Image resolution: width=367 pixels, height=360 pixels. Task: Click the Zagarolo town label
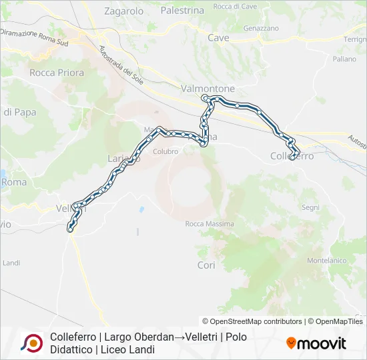click(x=124, y=11)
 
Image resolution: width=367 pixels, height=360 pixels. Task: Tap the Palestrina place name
click(x=182, y=11)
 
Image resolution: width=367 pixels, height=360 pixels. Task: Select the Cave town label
click(x=218, y=38)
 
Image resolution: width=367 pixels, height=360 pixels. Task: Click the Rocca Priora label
click(x=57, y=73)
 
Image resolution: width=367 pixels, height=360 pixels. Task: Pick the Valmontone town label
click(x=208, y=88)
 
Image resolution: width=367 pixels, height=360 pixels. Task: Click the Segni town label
click(x=311, y=208)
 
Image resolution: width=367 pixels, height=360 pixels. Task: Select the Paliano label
click(x=344, y=59)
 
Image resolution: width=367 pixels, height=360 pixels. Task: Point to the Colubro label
click(x=165, y=151)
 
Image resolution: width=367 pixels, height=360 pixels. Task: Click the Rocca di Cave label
click(x=235, y=6)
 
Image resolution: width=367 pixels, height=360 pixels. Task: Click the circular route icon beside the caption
click(x=31, y=343)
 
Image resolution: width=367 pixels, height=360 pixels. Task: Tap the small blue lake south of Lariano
click(x=141, y=209)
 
